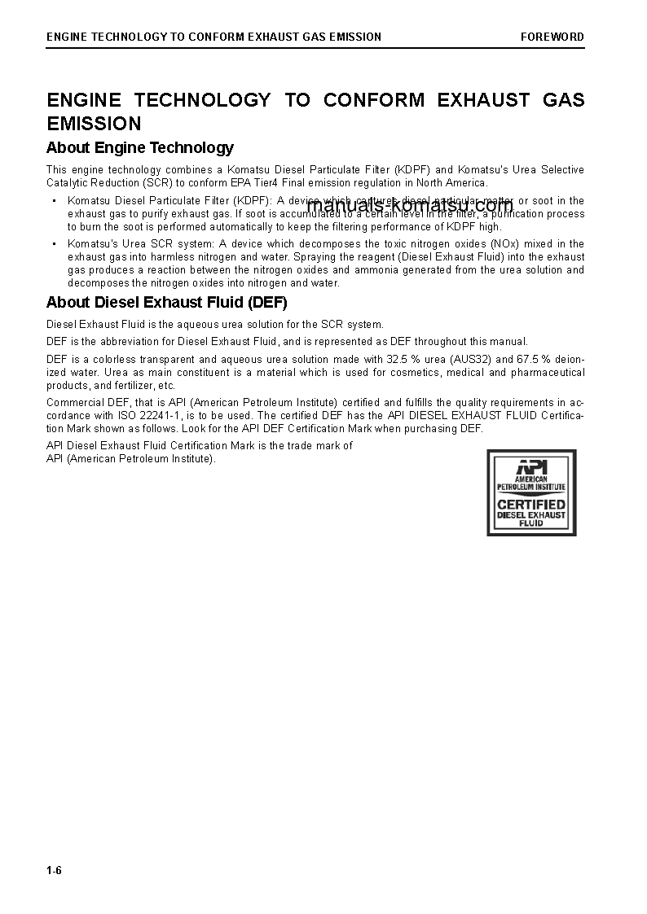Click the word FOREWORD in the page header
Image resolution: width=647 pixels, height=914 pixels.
(x=552, y=37)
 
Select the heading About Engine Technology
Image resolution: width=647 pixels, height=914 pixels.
(x=139, y=147)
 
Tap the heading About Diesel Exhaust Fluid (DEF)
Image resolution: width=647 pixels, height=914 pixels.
(x=166, y=303)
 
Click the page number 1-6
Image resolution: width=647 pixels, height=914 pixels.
(x=54, y=871)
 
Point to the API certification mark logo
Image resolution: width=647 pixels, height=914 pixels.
(x=531, y=492)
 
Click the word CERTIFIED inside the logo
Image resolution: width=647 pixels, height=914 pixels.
(x=531, y=504)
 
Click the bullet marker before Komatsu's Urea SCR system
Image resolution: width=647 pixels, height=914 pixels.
(x=54, y=244)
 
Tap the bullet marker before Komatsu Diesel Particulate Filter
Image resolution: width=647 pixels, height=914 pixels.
(x=54, y=201)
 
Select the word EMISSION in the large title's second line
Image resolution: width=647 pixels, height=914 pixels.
(x=94, y=124)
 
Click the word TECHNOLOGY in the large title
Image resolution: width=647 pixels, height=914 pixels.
(x=202, y=100)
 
